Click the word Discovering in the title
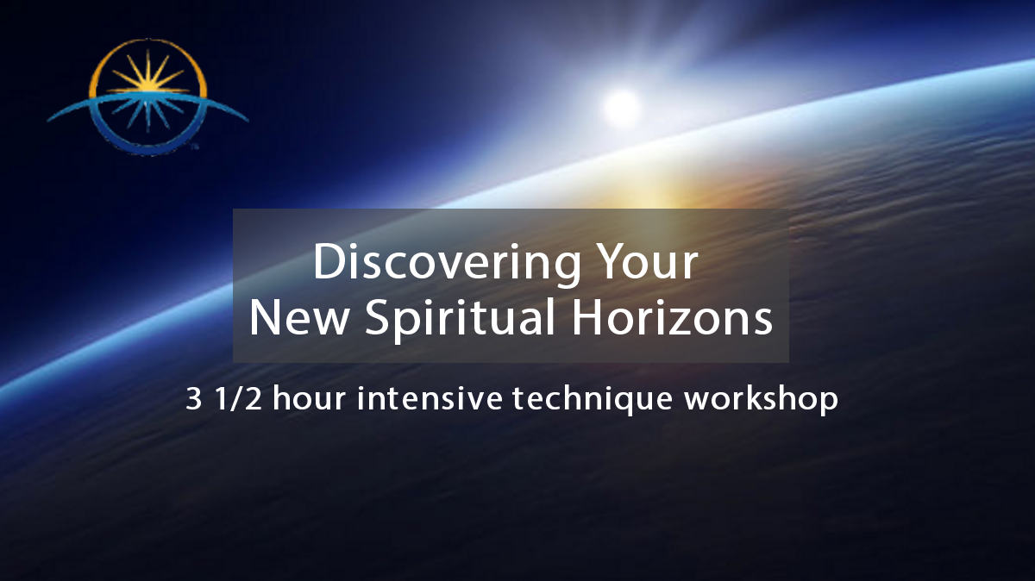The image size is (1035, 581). point(447,263)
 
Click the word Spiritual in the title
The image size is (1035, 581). point(460,319)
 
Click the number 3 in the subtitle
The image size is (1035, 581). point(193,399)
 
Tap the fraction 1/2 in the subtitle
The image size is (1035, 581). point(238,399)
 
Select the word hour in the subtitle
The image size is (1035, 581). point(309,398)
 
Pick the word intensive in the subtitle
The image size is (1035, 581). point(430,398)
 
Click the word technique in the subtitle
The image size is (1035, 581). point(593,400)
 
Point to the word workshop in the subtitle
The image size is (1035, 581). point(761,400)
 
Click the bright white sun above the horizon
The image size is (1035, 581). point(622,108)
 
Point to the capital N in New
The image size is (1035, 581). point(266,317)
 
